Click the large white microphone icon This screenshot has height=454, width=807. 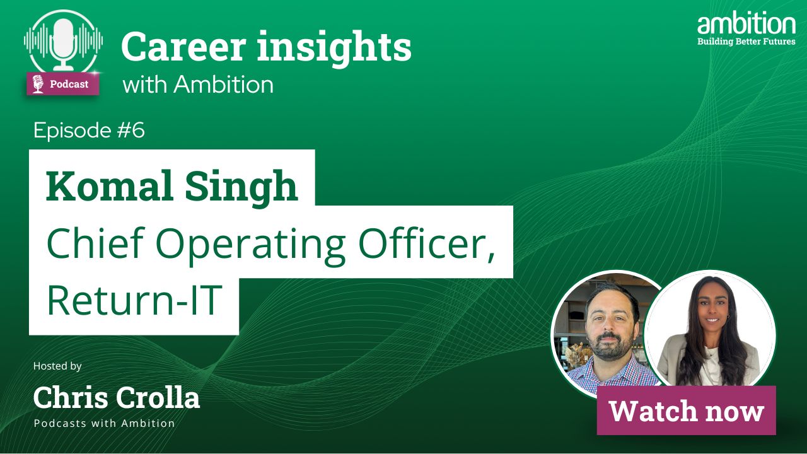coord(64,44)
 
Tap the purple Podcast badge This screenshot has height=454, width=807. coord(62,84)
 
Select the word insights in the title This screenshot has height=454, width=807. coord(334,49)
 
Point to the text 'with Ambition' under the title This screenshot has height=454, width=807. coord(198,84)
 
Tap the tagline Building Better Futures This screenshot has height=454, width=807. coord(746,41)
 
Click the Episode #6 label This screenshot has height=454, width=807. coord(89,130)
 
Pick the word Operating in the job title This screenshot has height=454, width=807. coord(250,245)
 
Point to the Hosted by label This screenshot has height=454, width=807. coord(57,366)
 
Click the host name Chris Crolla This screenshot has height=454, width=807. coord(117,397)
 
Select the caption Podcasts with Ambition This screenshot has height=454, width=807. coord(104,423)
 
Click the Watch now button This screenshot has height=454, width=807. coord(687,410)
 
